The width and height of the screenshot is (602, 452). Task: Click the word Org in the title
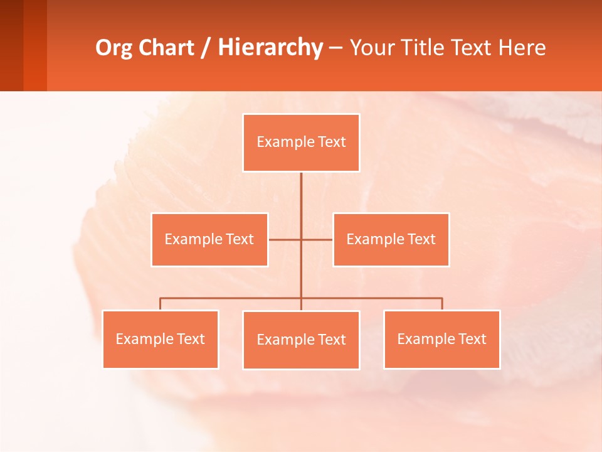pyautogui.click(x=115, y=48)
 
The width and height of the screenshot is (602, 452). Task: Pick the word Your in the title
pyautogui.click(x=371, y=48)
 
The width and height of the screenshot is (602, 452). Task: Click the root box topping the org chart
pyautogui.click(x=301, y=143)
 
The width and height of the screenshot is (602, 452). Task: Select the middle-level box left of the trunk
pyautogui.click(x=209, y=240)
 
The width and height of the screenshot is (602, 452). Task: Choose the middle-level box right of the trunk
pyautogui.click(x=391, y=240)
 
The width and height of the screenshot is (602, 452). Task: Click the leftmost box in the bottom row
pyautogui.click(x=161, y=340)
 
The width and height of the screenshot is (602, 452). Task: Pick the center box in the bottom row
pyautogui.click(x=301, y=340)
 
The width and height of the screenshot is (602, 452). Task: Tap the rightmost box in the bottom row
pyautogui.click(x=442, y=340)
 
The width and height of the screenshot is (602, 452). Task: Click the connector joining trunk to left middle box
pyautogui.click(x=285, y=240)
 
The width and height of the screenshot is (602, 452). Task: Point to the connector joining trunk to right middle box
pyautogui.click(x=317, y=240)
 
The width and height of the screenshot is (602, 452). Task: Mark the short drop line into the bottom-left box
pyautogui.click(x=161, y=304)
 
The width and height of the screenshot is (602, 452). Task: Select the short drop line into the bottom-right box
pyautogui.click(x=442, y=304)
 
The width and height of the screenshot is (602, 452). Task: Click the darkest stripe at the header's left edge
pyautogui.click(x=11, y=45)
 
